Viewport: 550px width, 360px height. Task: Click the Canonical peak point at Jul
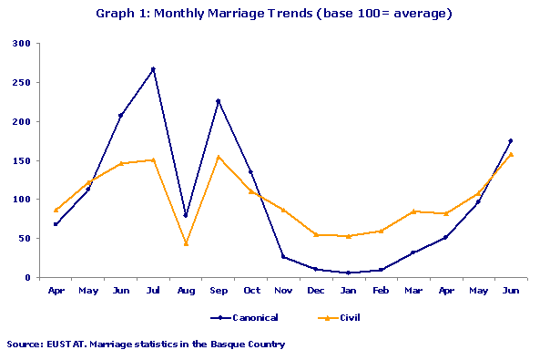pos(153,69)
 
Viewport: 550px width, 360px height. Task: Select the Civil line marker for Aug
pos(186,243)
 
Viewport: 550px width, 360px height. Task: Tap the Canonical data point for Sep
pos(218,101)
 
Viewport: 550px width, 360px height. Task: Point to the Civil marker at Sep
pos(218,157)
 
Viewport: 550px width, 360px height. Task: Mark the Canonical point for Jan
pos(348,273)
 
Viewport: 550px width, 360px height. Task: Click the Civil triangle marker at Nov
pos(283,211)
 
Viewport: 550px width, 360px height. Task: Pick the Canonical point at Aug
pos(186,216)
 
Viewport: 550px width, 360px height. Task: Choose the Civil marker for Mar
pos(413,211)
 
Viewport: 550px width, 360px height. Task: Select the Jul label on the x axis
pos(153,291)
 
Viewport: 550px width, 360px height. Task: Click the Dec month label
pos(315,291)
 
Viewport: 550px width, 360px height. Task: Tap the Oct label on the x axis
pos(250,291)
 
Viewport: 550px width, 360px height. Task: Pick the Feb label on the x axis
pos(381,291)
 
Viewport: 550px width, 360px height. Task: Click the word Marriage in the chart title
pos(238,14)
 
